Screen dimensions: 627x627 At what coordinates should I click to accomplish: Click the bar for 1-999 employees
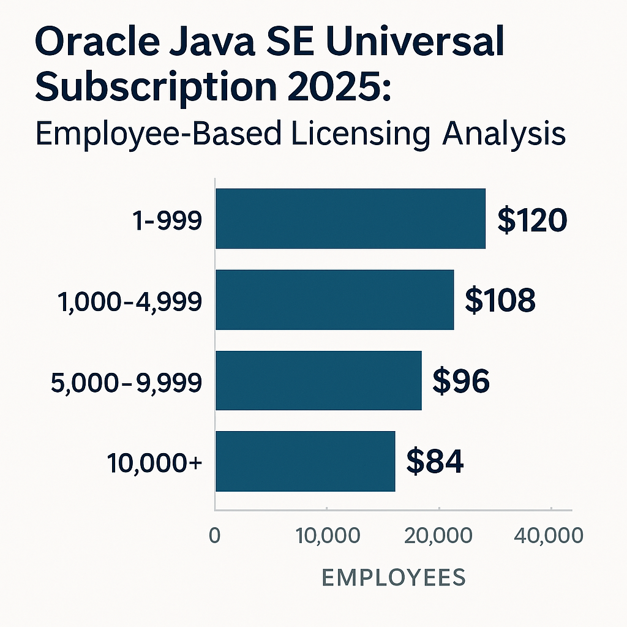coord(350,219)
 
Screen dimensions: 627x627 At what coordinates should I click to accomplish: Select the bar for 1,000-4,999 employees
coord(334,299)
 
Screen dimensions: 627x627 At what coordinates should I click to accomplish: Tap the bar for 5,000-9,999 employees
coord(318,380)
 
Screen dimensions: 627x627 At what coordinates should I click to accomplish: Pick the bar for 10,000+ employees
coord(305,461)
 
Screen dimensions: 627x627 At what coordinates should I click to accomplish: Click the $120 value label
coord(532,220)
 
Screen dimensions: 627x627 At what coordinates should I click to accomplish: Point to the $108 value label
coord(500,301)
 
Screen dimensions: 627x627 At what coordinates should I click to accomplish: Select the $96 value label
coord(461,381)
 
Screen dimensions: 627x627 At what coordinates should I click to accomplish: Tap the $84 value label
coord(435,462)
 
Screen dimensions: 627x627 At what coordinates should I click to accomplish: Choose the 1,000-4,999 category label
coord(130,301)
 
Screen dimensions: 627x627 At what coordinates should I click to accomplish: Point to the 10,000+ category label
coord(154,463)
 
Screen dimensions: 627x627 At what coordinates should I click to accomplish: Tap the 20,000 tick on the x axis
coord(439,536)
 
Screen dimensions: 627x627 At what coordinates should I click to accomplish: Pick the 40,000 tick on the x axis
coord(549,536)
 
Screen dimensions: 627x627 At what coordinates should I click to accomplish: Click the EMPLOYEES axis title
coord(393,577)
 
